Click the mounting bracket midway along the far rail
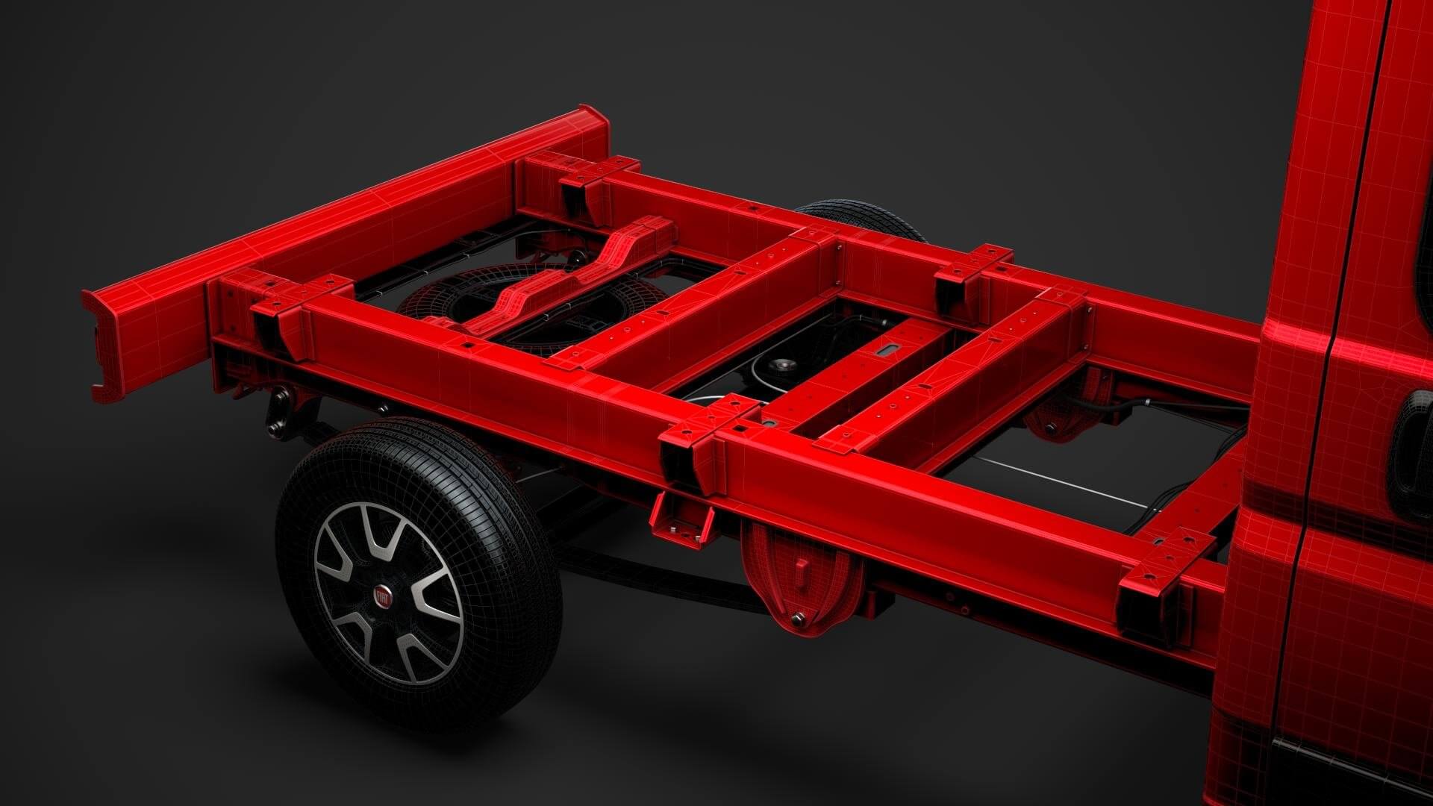pos(970,272)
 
